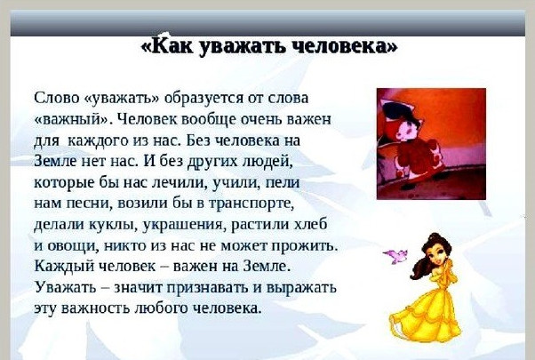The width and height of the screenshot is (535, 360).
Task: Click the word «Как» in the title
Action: click(172, 45)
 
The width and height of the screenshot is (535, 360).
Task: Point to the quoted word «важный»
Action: click(73, 120)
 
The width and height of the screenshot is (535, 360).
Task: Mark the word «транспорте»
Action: click(251, 204)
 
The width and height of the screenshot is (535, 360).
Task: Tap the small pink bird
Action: click(395, 256)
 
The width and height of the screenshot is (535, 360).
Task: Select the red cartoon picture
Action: click(431, 144)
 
